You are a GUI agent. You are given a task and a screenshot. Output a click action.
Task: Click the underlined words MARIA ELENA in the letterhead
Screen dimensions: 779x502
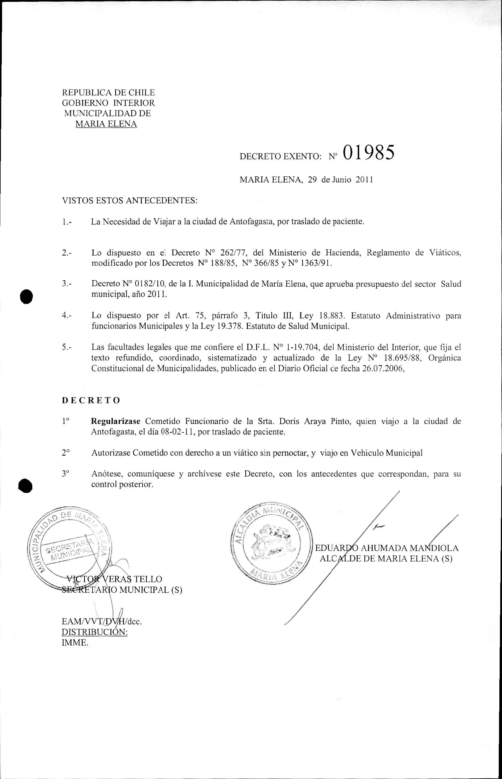click(x=106, y=124)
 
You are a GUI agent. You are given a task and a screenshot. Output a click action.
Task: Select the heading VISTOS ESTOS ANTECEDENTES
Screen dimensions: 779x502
click(x=130, y=200)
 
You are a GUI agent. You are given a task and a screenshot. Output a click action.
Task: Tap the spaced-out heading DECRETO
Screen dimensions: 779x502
click(x=91, y=400)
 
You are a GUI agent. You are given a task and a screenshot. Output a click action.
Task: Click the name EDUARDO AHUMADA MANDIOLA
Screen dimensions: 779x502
click(x=387, y=548)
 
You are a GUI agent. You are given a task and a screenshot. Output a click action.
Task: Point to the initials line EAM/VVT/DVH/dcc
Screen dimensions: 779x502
click(x=102, y=621)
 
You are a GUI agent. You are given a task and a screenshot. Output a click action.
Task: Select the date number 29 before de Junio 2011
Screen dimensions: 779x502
click(x=312, y=180)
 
